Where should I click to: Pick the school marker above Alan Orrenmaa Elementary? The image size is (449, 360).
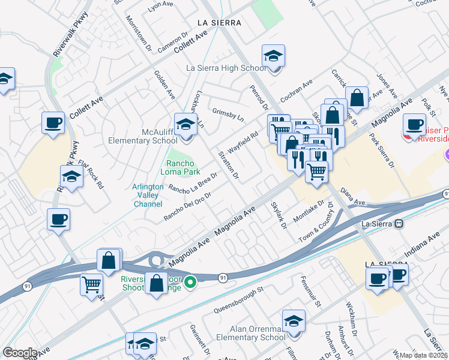pyautogui.click(x=294, y=322)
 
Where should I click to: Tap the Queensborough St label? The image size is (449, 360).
pyautogui.click(x=238, y=300)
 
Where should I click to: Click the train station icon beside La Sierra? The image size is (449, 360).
pyautogui.click(x=399, y=223)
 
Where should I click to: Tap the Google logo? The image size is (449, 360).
pyautogui.click(x=20, y=353)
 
